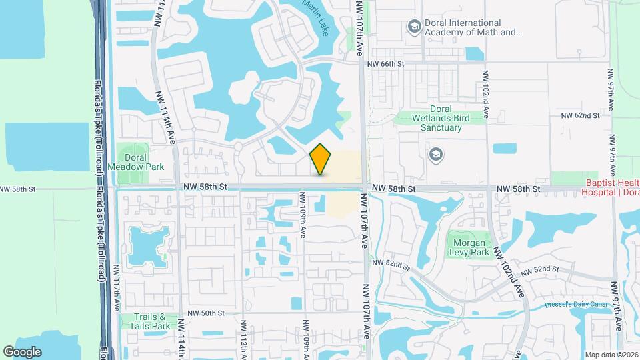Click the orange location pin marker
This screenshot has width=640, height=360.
tap(321, 159)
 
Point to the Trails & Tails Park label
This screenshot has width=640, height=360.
tap(147, 321)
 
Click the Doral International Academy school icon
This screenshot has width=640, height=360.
tap(413, 26)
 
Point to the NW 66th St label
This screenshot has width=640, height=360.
tap(386, 64)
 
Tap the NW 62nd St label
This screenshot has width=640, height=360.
tap(580, 115)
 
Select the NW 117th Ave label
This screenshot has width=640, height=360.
tap(117, 288)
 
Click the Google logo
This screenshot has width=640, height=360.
tap(22, 351)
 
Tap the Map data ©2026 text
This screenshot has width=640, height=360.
tap(611, 354)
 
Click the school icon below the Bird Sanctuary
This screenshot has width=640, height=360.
tap(437, 155)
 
